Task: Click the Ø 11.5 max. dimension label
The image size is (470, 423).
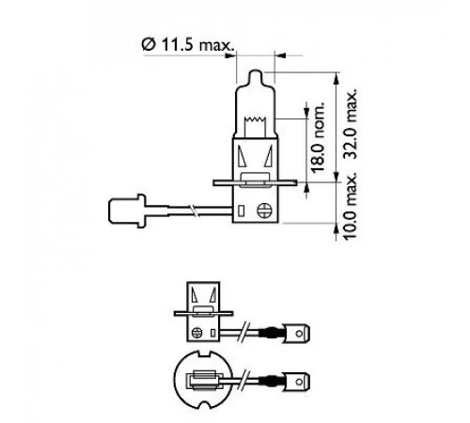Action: click(x=188, y=45)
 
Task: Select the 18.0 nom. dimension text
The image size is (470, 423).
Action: click(x=318, y=137)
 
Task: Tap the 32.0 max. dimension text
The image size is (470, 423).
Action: click(x=350, y=124)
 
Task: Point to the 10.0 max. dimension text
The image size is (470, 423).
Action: click(x=350, y=206)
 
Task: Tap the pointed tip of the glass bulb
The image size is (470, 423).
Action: click(x=256, y=70)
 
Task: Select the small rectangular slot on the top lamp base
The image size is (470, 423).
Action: click(x=241, y=211)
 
